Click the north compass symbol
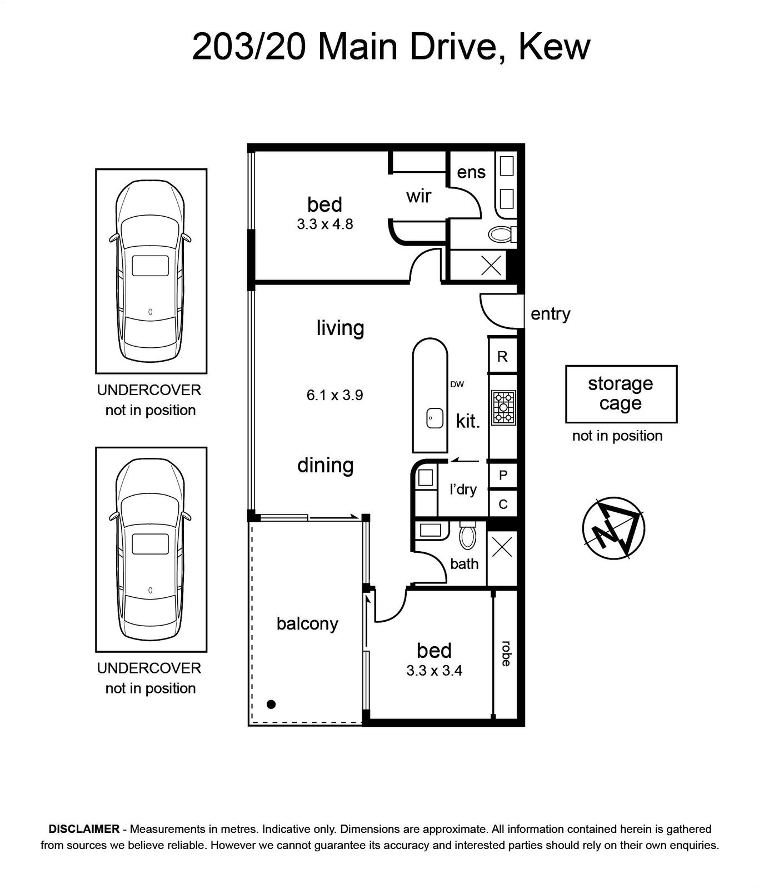tap(613, 528)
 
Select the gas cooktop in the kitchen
tap(503, 408)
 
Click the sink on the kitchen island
tap(435, 418)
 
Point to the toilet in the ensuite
tap(502, 234)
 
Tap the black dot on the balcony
tap(271, 705)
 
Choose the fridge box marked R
tap(502, 356)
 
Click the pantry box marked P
tap(503, 476)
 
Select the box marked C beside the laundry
tap(503, 504)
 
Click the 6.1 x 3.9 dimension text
tap(334, 395)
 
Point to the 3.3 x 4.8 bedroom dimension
tap(325, 224)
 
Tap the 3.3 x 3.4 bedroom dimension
tap(435, 671)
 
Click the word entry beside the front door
tap(550, 314)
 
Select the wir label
tap(418, 196)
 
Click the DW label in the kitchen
tap(457, 384)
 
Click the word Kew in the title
tap(553, 47)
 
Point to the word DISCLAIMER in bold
tap(84, 829)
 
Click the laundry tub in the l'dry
tap(426, 478)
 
